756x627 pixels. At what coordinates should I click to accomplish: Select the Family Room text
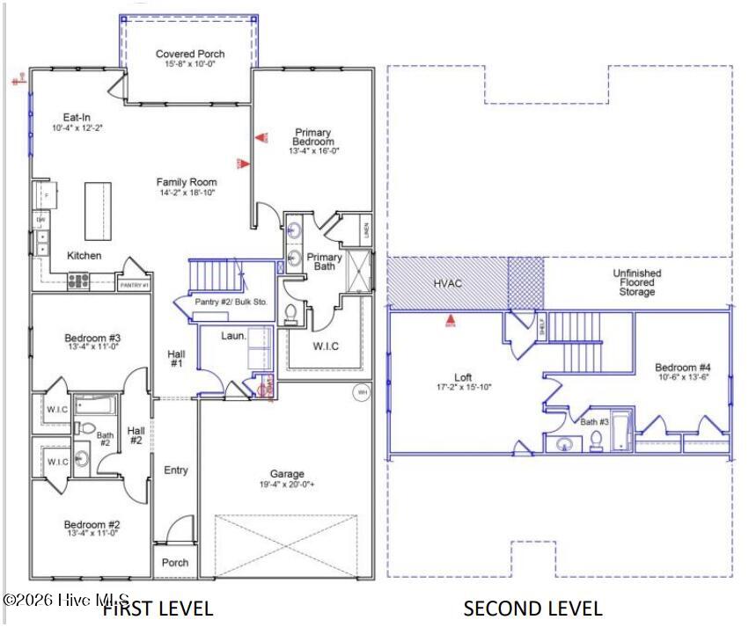tap(187, 182)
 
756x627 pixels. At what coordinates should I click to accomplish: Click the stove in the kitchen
tap(78, 281)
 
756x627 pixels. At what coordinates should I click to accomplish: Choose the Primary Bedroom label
tap(312, 137)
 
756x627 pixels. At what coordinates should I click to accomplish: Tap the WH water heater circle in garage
tap(361, 391)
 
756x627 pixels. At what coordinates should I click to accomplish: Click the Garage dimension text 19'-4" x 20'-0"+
tap(287, 485)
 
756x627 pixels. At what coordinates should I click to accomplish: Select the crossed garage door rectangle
tap(287, 545)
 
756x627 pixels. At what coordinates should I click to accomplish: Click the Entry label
tap(176, 470)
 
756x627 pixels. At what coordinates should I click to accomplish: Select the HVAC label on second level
tap(447, 283)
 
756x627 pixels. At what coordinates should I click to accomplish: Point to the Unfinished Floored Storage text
tap(636, 282)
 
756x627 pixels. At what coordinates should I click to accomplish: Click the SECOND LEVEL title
tap(532, 609)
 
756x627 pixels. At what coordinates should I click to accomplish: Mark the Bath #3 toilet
tap(596, 441)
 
